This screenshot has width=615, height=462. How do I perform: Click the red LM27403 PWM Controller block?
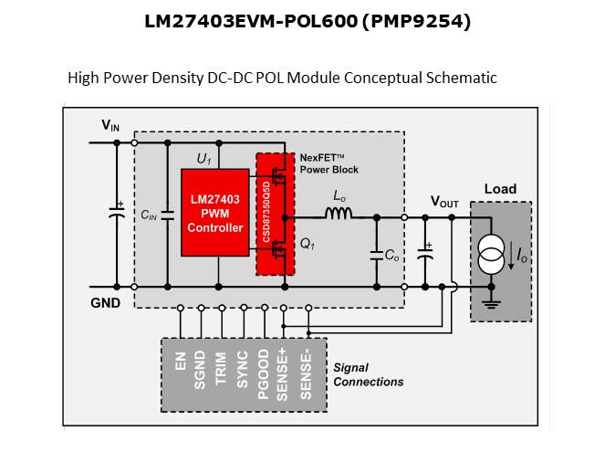coord(215,214)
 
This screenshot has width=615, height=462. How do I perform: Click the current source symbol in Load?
coord(492,256)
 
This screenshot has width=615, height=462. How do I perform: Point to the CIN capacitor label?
coord(148,215)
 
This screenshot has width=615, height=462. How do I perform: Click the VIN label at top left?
coord(109,125)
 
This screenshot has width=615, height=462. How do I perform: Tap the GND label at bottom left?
coord(105,302)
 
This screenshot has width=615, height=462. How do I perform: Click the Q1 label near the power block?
coord(307,245)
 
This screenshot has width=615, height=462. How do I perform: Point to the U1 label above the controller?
coord(203,159)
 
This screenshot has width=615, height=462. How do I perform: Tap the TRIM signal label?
coord(222,368)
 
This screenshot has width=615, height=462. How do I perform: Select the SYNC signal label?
coord(243,368)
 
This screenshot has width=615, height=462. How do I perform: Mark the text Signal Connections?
coord(368,374)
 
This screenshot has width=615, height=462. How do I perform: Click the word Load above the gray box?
coord(499,189)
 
